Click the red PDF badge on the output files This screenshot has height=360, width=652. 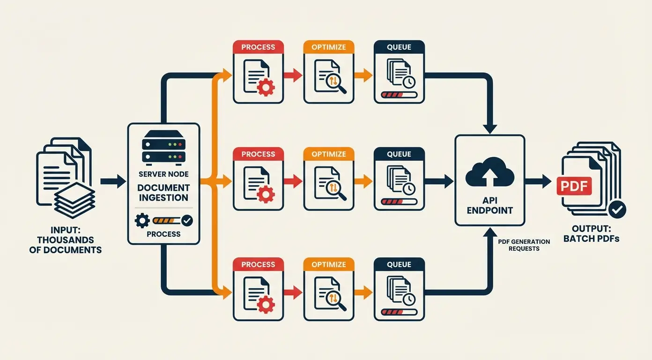coord(574,186)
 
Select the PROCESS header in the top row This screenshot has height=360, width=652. coord(258,47)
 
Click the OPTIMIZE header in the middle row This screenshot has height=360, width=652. coord(328,154)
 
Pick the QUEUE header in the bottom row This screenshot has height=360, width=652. coord(399,264)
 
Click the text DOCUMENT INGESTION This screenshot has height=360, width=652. coord(163,193)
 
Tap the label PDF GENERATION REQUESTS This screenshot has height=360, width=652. coord(524,245)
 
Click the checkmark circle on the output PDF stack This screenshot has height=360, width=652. coord(617,210)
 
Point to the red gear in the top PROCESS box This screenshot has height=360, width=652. coord(266,87)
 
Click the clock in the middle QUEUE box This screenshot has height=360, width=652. coord(408,188)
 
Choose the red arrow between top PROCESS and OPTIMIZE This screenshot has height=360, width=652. coord(293,75)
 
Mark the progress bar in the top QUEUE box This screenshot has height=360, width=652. coord(399,95)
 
